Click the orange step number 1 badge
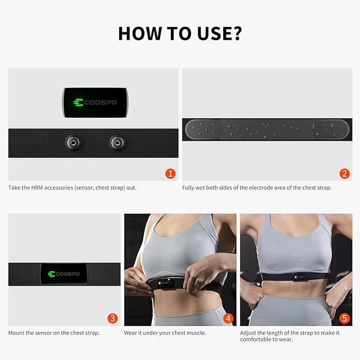tap(170, 173)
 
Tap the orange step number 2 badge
tap(344, 173)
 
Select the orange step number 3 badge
tap(112, 318)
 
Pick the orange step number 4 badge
tap(228, 318)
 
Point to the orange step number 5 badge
tap(344, 318)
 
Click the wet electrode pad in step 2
tap(267, 129)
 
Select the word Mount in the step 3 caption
tap(16, 333)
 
